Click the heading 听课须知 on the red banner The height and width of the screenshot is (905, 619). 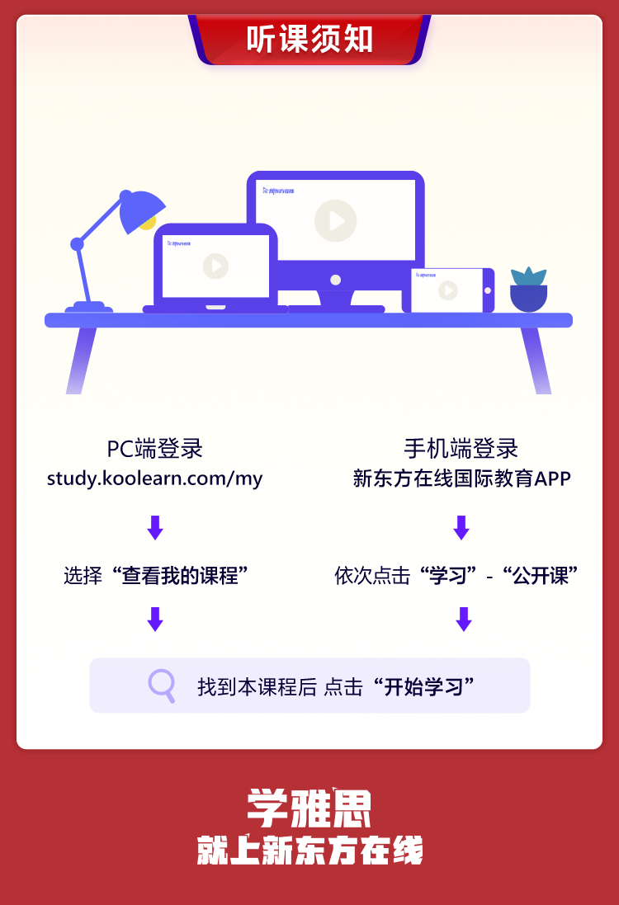[x=309, y=40]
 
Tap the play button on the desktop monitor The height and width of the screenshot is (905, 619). [x=335, y=221]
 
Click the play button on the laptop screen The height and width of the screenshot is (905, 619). [x=215, y=266]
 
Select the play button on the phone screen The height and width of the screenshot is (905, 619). [x=447, y=290]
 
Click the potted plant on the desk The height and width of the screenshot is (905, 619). [x=528, y=290]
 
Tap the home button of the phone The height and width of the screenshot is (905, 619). [x=487, y=290]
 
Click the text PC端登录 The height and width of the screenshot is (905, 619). [x=154, y=449]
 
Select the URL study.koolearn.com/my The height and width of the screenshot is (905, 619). [x=154, y=478]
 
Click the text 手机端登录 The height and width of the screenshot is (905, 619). [x=461, y=449]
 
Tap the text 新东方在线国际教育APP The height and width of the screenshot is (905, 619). [x=461, y=478]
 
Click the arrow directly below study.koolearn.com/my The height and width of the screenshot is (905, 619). [x=154, y=527]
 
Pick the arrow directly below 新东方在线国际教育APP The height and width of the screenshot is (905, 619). [x=461, y=527]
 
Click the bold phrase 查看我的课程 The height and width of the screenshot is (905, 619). [x=180, y=576]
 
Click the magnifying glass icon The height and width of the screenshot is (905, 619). [x=162, y=686]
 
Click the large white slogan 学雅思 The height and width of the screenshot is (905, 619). [x=309, y=808]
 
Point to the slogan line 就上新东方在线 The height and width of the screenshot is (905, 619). [x=309, y=850]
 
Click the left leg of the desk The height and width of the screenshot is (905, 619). [x=81, y=360]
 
